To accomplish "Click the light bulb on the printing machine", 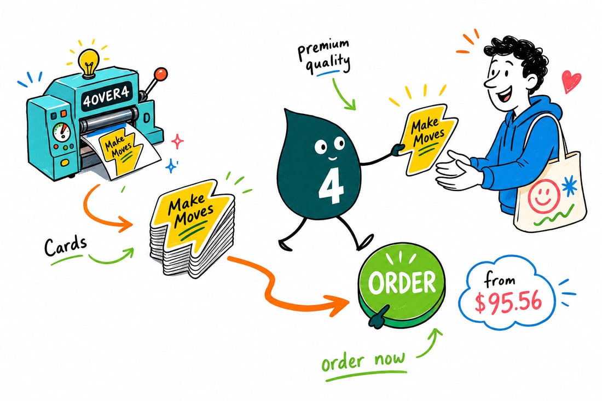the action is (x=89, y=62).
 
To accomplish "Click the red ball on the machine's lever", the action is (x=161, y=73).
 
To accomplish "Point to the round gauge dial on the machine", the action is (x=62, y=132).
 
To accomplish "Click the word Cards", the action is (x=65, y=246).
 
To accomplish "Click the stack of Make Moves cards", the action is (x=191, y=228).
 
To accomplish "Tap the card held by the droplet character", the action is (x=427, y=137).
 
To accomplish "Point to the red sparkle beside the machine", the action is (x=177, y=141).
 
